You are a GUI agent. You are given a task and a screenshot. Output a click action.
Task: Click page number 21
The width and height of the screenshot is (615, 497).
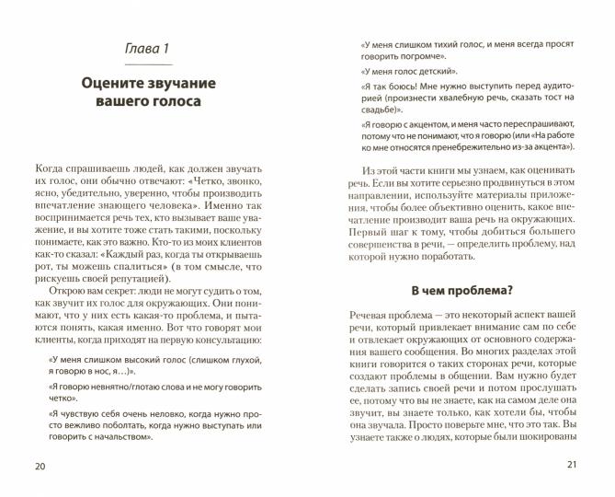573,464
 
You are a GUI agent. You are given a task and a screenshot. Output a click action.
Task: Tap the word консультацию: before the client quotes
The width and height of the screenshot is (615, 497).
227,341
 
